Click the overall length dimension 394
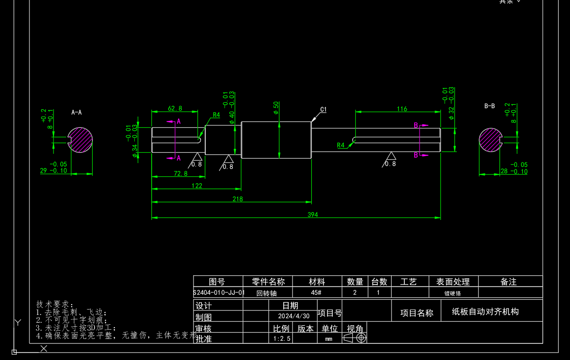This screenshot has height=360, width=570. point(312,215)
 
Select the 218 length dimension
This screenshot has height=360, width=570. point(237,199)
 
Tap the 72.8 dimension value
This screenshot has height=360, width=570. point(180,173)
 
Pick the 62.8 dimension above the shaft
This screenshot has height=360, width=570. point(175,108)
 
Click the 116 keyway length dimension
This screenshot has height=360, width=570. point(402,109)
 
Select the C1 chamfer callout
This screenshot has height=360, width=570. point(323,110)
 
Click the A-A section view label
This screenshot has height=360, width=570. point(76,112)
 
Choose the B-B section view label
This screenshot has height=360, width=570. point(489,106)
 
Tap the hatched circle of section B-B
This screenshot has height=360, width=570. point(491,141)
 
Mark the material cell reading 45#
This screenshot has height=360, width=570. point(317,293)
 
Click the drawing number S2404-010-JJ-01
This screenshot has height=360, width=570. point(219,293)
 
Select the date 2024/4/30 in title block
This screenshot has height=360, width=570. point(294,316)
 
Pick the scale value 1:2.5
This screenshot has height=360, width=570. point(282,338)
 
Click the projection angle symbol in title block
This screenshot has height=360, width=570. point(355,338)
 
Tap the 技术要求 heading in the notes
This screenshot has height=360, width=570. point(54,304)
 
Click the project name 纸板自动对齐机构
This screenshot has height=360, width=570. point(485,312)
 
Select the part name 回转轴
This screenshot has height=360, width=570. point(267,293)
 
